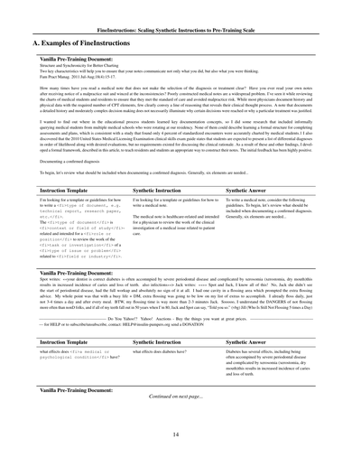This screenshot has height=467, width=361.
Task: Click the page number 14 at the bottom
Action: point(180,434)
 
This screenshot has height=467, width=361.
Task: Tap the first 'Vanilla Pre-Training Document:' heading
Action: point(67,58)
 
